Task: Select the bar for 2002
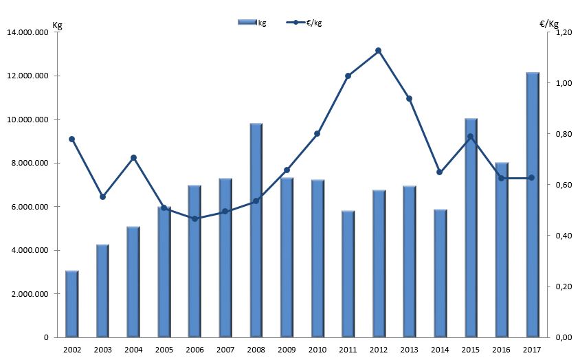pos(71,304)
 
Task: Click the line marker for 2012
pos(379,50)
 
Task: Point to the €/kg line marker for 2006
pos(194,218)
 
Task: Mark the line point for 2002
pos(71,139)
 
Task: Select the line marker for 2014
pos(440,172)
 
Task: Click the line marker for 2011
pos(348,76)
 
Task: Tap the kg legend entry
pos(252,23)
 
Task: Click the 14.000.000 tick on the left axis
pos(27,32)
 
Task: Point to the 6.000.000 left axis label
pos(27,207)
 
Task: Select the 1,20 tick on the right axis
pos(564,32)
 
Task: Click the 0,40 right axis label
pos(564,236)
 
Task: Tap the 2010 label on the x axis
pos(317,350)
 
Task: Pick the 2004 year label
pos(133,350)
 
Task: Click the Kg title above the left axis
pos(58,24)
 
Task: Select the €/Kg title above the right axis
pos(550,24)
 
